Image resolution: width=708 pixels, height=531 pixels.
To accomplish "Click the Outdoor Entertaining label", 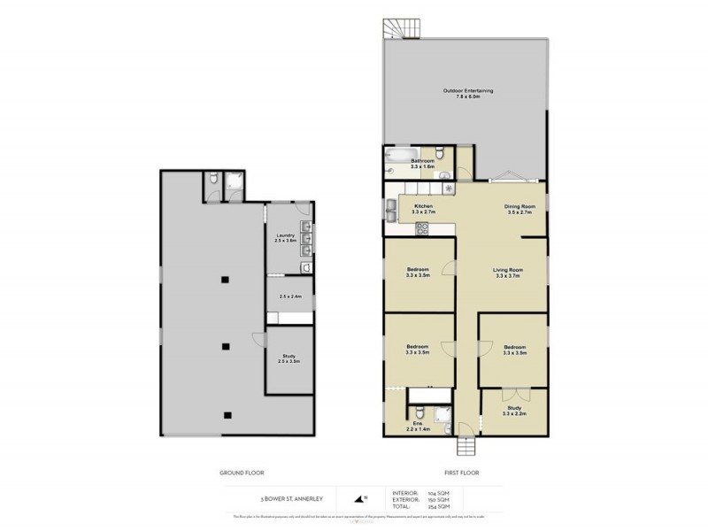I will click(467, 93).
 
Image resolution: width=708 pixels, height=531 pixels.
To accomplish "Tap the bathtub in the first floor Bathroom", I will click(398, 159).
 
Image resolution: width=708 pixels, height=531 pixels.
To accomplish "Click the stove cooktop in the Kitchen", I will click(422, 228).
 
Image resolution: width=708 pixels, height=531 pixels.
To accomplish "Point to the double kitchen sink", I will click(390, 210).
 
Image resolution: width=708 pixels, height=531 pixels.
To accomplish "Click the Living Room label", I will click(509, 273).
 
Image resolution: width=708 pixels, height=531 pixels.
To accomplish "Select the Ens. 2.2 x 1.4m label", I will click(419, 426).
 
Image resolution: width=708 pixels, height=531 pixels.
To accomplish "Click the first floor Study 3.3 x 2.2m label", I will click(514, 411).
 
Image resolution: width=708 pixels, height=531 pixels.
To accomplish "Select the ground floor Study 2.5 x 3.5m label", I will click(289, 358).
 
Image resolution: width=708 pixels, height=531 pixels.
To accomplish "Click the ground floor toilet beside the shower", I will click(213, 181).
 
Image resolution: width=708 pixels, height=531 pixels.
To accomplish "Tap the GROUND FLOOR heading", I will click(242, 473).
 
